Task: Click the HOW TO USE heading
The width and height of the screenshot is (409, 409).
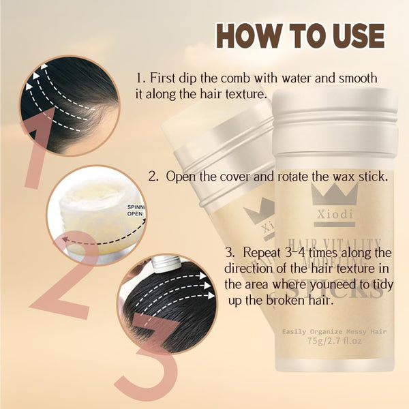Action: [300, 35]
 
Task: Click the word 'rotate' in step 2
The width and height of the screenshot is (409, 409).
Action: [284, 176]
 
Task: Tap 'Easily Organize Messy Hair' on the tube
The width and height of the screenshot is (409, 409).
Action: [334, 332]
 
